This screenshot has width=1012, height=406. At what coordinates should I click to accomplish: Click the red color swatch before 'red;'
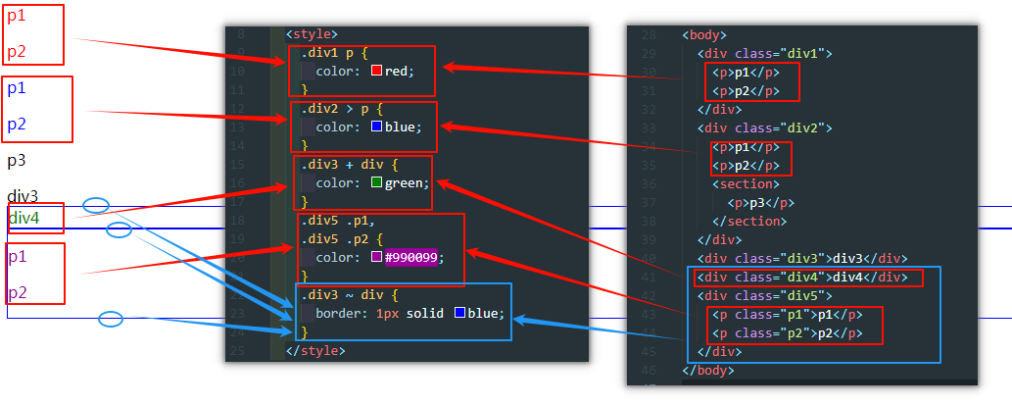(376, 71)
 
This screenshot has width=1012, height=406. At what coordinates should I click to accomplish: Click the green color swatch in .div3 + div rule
(376, 182)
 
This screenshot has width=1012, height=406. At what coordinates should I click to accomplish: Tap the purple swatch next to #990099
(376, 257)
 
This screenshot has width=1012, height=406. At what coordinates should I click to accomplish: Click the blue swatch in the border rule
(459, 314)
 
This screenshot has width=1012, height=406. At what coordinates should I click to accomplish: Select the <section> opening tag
(746, 183)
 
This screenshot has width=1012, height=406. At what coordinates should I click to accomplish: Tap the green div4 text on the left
(24, 218)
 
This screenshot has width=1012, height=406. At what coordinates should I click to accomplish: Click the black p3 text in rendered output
(17, 161)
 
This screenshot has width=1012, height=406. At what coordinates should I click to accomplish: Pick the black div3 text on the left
(23, 196)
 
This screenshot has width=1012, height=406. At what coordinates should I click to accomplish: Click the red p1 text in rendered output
(17, 17)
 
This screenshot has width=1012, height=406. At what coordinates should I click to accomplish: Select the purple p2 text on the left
(17, 293)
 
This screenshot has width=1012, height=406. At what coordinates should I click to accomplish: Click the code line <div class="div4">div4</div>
(805, 277)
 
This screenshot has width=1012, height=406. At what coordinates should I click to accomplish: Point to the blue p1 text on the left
(17, 88)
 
